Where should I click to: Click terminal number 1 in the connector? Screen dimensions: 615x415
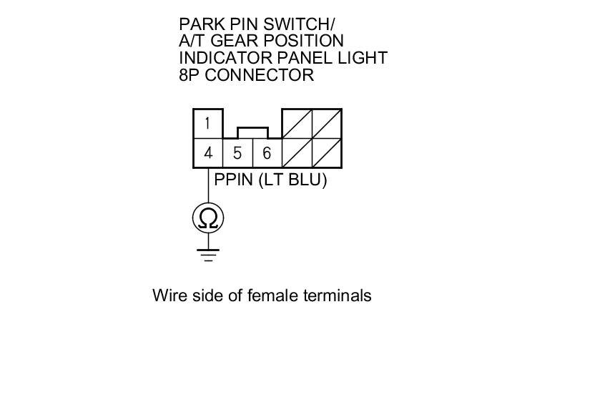(x=207, y=123)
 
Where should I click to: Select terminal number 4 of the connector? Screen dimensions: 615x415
(x=207, y=153)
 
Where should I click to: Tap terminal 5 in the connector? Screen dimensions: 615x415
(x=237, y=153)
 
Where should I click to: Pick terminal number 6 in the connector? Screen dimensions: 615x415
(x=267, y=153)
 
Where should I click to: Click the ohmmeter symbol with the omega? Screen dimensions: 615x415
(x=208, y=218)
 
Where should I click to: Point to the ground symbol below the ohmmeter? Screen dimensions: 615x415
(x=208, y=253)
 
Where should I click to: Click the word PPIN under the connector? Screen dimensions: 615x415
(x=233, y=180)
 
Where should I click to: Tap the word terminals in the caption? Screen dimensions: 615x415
(x=338, y=295)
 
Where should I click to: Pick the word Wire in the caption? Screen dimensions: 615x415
(x=169, y=295)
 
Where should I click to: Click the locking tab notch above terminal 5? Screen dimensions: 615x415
(x=252, y=132)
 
